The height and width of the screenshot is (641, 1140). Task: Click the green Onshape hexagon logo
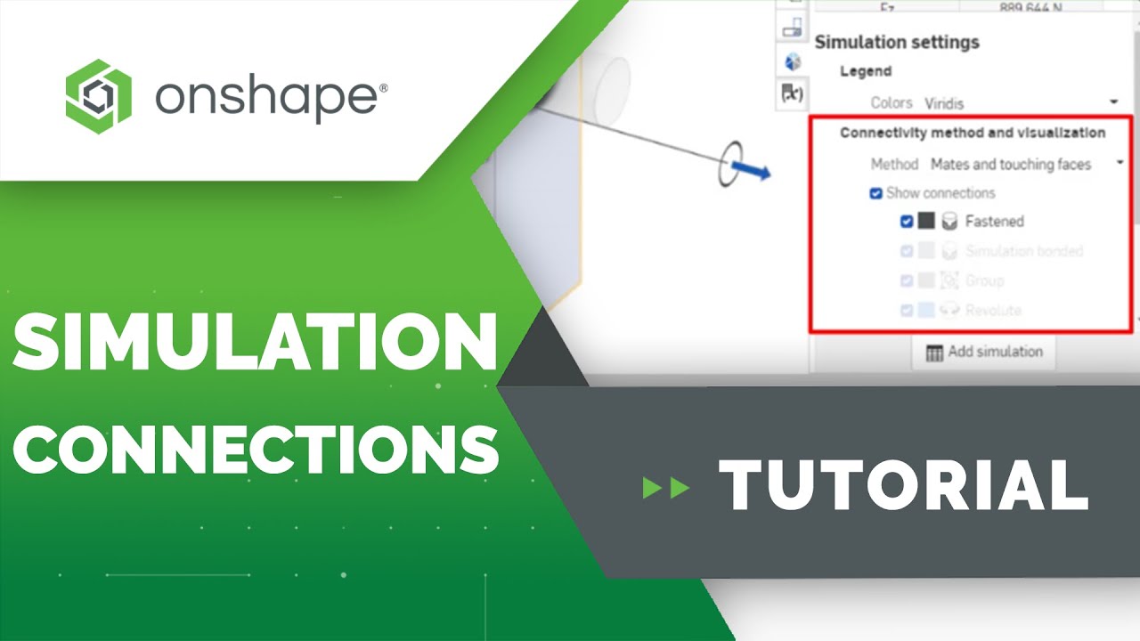[98, 91]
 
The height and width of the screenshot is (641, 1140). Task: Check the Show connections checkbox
[876, 193]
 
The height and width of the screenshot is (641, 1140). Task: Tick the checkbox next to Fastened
[907, 221]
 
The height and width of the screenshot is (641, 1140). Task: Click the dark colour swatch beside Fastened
[926, 221]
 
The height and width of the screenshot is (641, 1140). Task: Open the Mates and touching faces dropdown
[1024, 164]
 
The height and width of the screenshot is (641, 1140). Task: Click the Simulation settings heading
[896, 42]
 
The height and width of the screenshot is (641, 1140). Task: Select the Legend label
[866, 71]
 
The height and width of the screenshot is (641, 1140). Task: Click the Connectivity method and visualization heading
[973, 133]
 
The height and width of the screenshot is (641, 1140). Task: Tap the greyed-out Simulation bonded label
[1023, 251]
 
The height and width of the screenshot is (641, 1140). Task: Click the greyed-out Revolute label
[992, 311]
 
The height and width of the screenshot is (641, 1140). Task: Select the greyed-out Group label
[984, 280]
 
